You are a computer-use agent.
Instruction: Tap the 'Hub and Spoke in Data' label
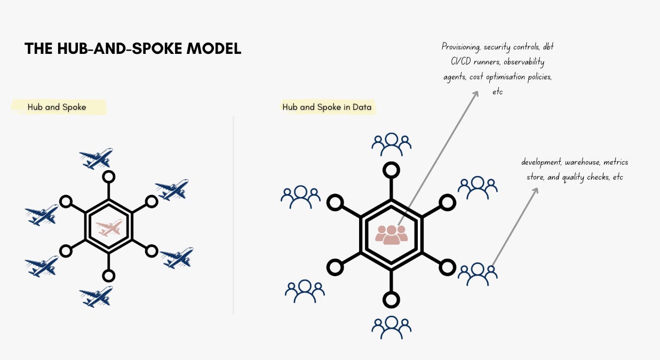(328, 107)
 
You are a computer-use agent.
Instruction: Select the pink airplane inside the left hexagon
(109, 228)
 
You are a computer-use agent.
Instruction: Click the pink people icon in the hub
(391, 235)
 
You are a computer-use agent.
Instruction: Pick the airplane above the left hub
(97, 158)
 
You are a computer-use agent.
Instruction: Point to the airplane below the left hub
(97, 297)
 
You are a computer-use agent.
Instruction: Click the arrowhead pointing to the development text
(535, 189)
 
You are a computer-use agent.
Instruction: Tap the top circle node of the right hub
(391, 170)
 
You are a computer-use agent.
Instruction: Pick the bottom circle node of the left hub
(109, 276)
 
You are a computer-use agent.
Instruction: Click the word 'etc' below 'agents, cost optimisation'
(497, 92)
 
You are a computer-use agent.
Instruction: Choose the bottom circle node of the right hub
(391, 299)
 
